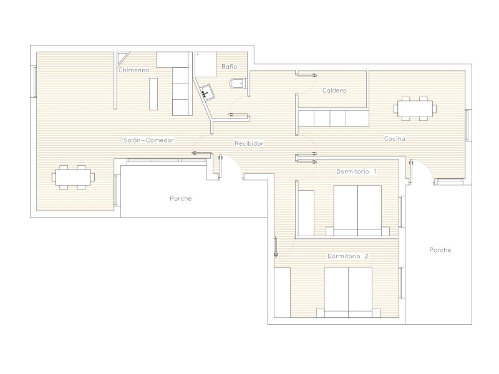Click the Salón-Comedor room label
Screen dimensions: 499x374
click(x=148, y=140)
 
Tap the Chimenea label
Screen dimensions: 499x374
click(x=133, y=70)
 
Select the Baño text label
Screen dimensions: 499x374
click(x=230, y=67)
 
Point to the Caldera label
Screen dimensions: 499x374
click(x=334, y=90)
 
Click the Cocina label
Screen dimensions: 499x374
click(x=395, y=138)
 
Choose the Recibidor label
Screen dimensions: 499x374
click(x=249, y=143)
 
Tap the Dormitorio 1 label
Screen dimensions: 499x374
click(x=356, y=171)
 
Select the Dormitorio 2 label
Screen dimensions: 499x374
click(x=348, y=256)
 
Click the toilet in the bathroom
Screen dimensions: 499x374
click(x=238, y=84)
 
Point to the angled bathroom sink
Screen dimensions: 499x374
click(x=206, y=92)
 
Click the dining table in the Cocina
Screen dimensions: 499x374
click(x=415, y=108)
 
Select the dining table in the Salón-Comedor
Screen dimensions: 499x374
click(x=73, y=177)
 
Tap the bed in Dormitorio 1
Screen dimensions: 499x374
click(x=357, y=211)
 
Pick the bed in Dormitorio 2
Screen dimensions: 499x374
click(x=348, y=292)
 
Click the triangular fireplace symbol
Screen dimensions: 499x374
click(x=122, y=57)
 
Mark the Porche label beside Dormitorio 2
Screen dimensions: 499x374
click(x=440, y=250)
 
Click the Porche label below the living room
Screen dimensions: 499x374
click(x=181, y=198)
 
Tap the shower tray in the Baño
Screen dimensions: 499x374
click(x=206, y=65)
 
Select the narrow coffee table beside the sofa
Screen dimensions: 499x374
click(x=153, y=94)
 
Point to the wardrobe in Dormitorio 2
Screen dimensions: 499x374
click(x=283, y=292)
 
